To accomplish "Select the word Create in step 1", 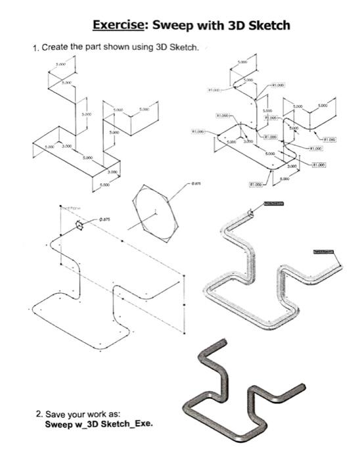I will coord(56,49).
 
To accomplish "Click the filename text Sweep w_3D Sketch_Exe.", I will coord(99,424).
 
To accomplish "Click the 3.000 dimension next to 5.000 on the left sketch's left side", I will coord(67,146).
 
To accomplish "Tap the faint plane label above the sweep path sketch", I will coord(70,206).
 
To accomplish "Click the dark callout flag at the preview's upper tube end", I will coord(276,204).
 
